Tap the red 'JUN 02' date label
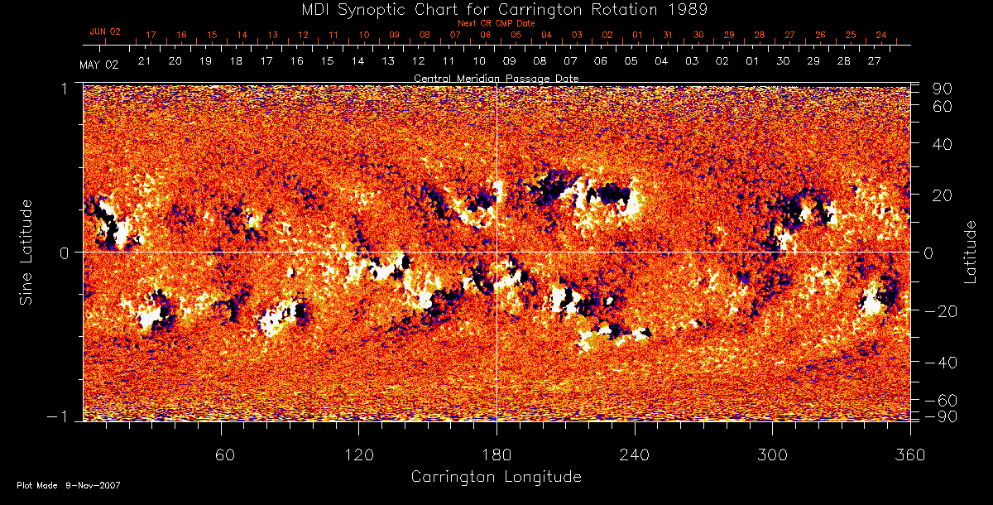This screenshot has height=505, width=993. pyautogui.click(x=105, y=31)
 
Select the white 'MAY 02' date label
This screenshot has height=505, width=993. pyautogui.click(x=98, y=65)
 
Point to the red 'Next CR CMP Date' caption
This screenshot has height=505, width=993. pyautogui.click(x=496, y=23)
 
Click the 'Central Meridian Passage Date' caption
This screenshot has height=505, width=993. pyautogui.click(x=496, y=78)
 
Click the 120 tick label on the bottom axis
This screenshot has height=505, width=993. pyautogui.click(x=359, y=454)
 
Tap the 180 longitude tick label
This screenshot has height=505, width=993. pyautogui.click(x=496, y=454)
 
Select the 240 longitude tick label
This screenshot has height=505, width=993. pyautogui.click(x=635, y=454)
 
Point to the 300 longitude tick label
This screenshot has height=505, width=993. pyautogui.click(x=772, y=454)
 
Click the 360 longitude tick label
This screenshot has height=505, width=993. pyautogui.click(x=909, y=454)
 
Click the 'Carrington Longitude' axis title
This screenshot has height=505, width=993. pyautogui.click(x=496, y=477)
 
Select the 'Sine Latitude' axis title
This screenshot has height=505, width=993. pyautogui.click(x=26, y=252)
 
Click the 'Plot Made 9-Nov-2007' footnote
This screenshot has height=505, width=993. pyautogui.click(x=69, y=485)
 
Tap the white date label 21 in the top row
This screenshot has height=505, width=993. pyautogui.click(x=144, y=61)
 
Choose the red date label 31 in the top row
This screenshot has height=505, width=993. pyautogui.click(x=668, y=36)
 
